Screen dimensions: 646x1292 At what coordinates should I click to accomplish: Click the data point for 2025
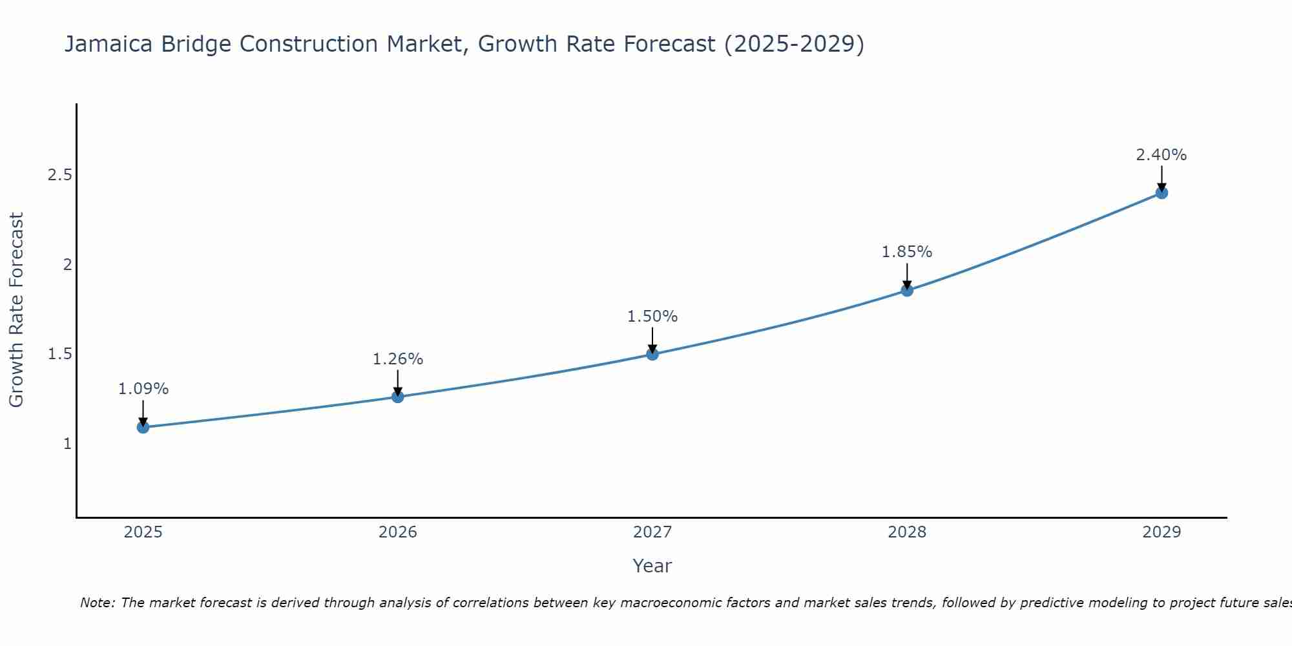click(x=143, y=427)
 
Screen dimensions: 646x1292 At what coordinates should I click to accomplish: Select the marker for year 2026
click(x=398, y=397)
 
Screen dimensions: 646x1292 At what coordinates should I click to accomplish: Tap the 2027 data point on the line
click(x=652, y=354)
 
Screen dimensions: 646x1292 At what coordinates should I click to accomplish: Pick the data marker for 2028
click(x=907, y=291)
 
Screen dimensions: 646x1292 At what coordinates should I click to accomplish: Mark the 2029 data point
click(x=1162, y=193)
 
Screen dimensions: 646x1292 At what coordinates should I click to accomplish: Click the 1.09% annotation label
click(x=143, y=389)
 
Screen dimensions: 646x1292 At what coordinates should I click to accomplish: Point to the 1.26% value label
click(x=398, y=359)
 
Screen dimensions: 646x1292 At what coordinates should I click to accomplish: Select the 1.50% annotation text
click(x=652, y=317)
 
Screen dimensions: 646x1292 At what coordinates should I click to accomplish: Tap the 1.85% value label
click(x=907, y=252)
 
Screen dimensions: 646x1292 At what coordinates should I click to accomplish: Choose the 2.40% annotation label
click(x=1162, y=155)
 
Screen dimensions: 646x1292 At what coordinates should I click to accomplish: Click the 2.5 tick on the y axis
click(x=60, y=175)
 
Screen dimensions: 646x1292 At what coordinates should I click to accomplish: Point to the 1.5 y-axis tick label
click(x=60, y=354)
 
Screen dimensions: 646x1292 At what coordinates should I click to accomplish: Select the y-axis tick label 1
click(x=67, y=444)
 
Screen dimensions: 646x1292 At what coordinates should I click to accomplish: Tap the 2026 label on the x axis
click(x=398, y=532)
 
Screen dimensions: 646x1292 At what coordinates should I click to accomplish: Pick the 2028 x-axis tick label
click(x=907, y=532)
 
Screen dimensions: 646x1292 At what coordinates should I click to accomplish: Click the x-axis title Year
click(x=652, y=566)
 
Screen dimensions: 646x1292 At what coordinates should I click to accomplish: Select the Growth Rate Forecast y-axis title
click(x=17, y=310)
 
